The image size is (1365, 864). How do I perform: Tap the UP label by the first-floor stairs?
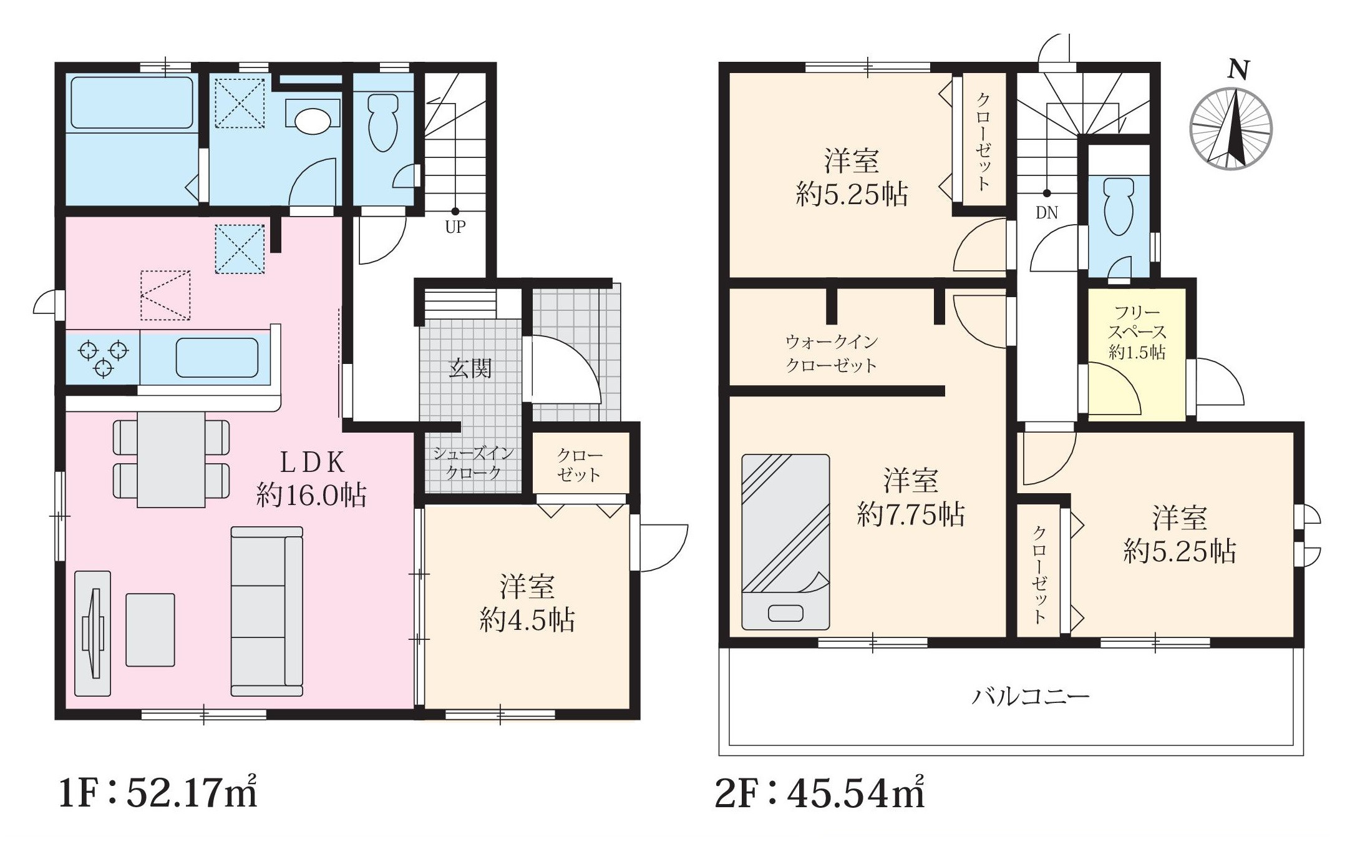pyautogui.click(x=455, y=227)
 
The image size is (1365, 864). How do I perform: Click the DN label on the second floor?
pyautogui.click(x=1047, y=213)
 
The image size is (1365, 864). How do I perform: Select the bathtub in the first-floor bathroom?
pyautogui.click(x=132, y=102)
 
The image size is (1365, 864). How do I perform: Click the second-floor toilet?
pyautogui.click(x=1119, y=207)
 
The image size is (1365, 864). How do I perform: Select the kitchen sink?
pyautogui.click(x=217, y=358)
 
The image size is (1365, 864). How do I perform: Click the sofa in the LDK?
pyautogui.click(x=267, y=611)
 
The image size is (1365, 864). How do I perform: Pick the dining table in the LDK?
pyautogui.click(x=171, y=459)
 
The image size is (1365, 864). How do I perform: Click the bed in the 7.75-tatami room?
pyautogui.click(x=785, y=541)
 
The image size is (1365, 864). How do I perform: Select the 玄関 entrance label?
pyautogui.click(x=470, y=368)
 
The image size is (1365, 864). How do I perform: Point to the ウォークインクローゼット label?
pyautogui.click(x=832, y=353)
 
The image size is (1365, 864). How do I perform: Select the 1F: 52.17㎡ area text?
pyautogui.click(x=158, y=793)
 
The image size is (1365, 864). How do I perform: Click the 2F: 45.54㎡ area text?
pyautogui.click(x=819, y=793)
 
